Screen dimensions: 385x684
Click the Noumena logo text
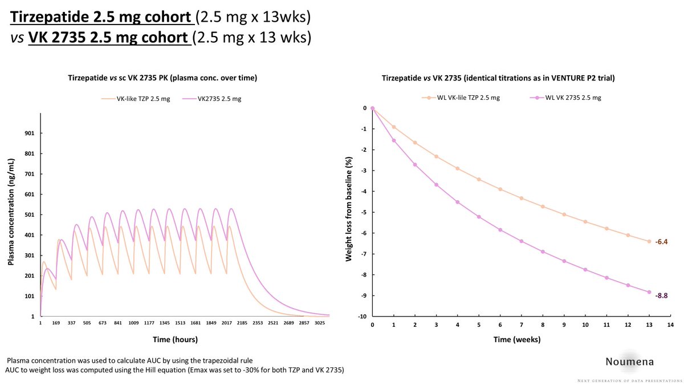[x=630, y=361]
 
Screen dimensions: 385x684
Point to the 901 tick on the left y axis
[x=30, y=133]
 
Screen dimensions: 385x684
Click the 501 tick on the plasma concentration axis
[x=30, y=215]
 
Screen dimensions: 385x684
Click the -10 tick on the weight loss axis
[x=361, y=317]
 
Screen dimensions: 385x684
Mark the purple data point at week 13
[x=649, y=292]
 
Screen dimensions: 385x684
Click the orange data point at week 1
[x=393, y=127]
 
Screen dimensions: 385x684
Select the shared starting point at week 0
[x=372, y=108]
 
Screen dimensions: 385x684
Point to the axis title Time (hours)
[x=175, y=339]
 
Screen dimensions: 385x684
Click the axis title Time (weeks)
[x=518, y=339]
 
